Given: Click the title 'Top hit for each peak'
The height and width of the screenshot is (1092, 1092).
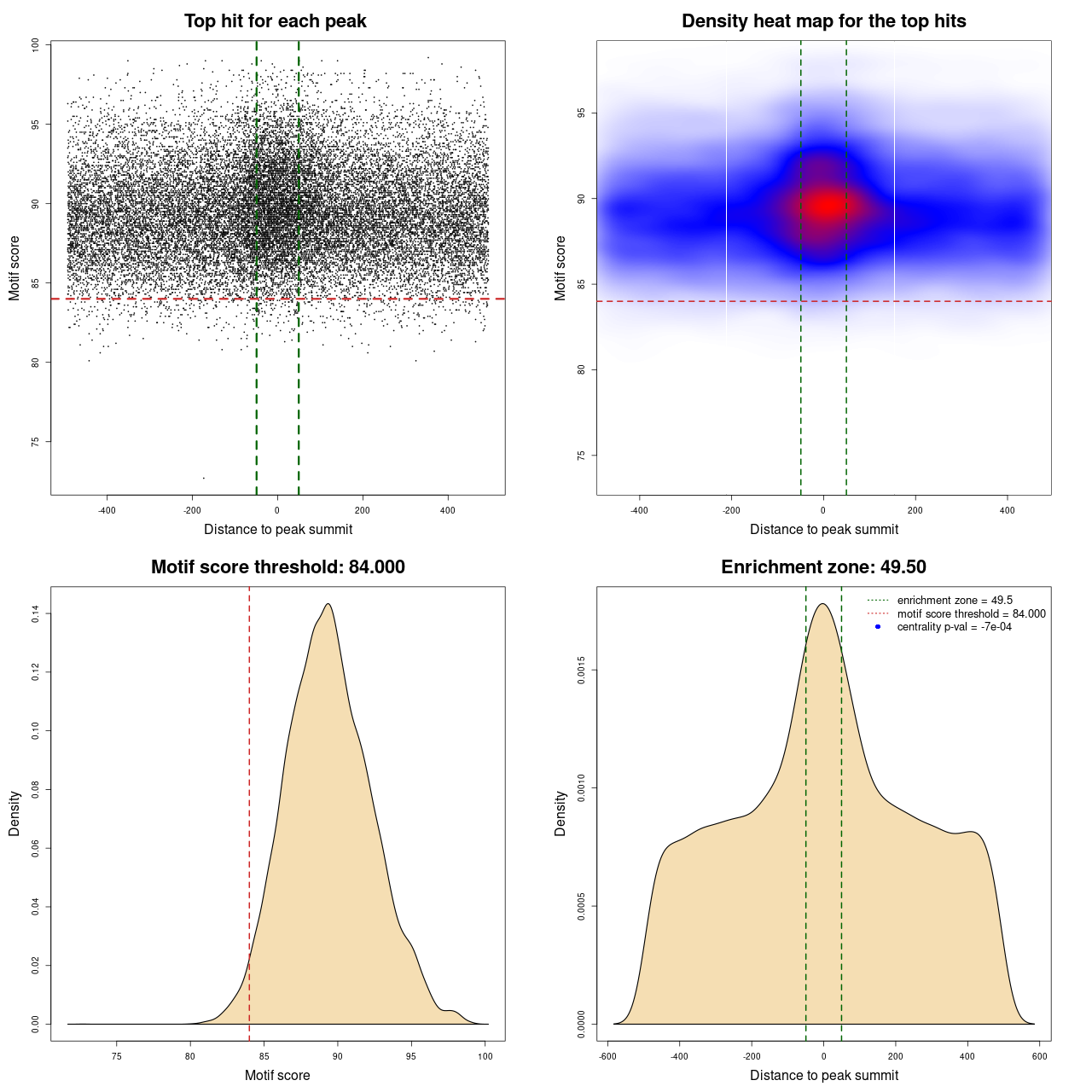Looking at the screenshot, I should click(x=275, y=21).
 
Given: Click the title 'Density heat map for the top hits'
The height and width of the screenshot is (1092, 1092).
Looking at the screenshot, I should click(x=823, y=21).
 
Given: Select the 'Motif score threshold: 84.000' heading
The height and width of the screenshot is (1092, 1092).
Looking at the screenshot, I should click(x=277, y=567).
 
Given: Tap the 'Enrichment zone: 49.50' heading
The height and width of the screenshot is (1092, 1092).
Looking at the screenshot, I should click(x=823, y=567).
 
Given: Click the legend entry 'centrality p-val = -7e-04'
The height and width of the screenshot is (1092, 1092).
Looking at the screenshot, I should click(x=954, y=627).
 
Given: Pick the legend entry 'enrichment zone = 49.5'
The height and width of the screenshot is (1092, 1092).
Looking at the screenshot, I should click(x=955, y=601).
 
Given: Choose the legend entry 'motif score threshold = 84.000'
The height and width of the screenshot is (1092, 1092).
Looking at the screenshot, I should click(x=971, y=613).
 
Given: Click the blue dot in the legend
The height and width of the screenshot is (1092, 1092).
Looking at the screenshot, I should click(x=878, y=627).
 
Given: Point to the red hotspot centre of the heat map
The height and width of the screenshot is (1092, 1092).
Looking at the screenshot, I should click(x=826, y=206).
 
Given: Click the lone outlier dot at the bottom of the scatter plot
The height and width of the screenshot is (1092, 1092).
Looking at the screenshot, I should click(x=203, y=478).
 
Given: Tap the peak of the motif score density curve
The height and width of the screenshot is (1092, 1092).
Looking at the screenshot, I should click(x=328, y=604).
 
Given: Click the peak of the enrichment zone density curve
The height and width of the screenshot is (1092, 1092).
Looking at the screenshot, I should click(x=822, y=604).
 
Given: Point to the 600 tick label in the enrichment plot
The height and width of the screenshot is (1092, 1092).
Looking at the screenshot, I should click(x=1039, y=1056).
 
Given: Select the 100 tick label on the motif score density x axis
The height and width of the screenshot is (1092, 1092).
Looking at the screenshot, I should click(x=485, y=1056).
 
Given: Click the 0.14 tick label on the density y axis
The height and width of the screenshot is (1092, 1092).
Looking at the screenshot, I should click(x=36, y=613).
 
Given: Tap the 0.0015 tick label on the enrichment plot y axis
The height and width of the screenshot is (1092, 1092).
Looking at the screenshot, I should click(x=582, y=670).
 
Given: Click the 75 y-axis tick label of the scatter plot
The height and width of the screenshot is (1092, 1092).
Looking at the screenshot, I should click(x=36, y=441).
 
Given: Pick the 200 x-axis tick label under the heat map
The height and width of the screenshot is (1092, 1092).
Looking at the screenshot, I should click(x=915, y=510).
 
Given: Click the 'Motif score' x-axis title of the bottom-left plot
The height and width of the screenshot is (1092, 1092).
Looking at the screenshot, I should click(x=277, y=1075).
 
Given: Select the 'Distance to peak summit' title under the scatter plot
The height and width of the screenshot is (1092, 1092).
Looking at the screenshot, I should click(x=278, y=529).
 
